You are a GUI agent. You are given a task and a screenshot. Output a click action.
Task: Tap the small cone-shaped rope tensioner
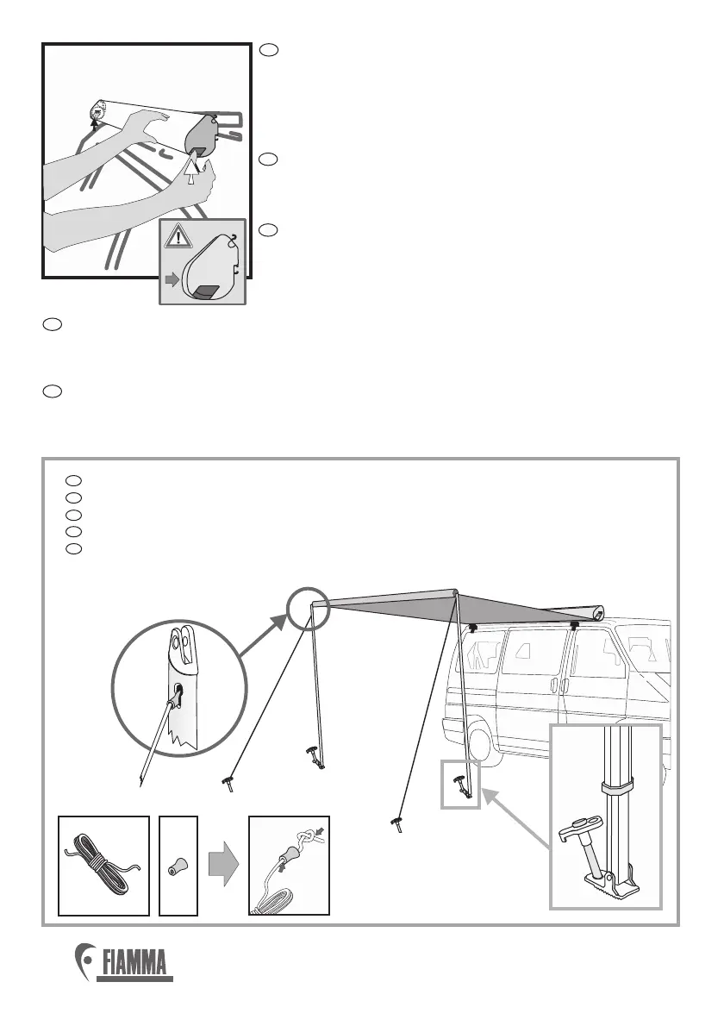(178, 866)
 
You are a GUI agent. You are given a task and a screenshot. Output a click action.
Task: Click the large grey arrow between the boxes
(224, 866)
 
